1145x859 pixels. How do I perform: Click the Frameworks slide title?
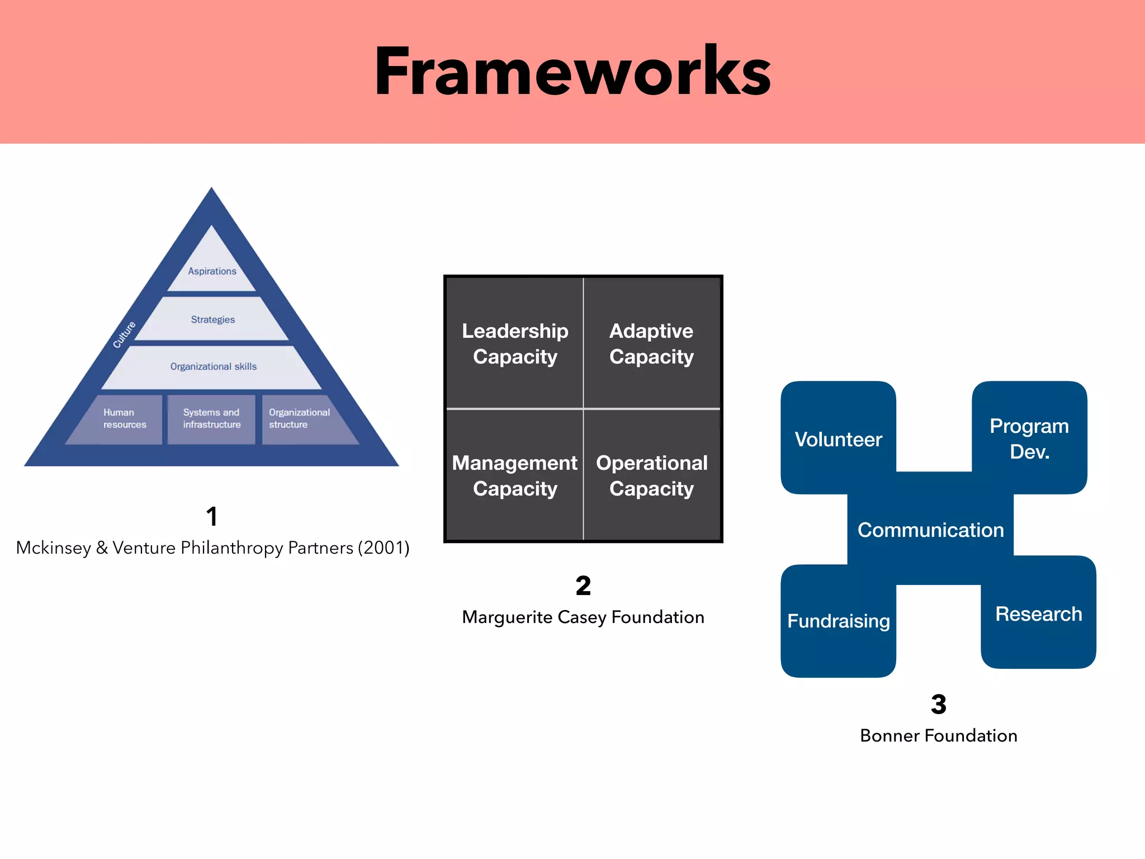pos(572,72)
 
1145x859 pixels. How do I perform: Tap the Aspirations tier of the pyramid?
pos(212,271)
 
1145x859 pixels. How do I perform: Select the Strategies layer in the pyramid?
pos(212,319)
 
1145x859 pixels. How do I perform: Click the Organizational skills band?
pos(213,366)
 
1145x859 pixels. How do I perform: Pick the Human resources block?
pos(124,418)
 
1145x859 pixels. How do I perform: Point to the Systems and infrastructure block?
pos(211,418)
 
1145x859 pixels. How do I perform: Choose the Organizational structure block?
pos(299,418)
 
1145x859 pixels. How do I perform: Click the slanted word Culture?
pos(124,334)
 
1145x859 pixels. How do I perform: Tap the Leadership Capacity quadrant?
pos(515,343)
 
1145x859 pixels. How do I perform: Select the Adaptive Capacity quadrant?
pos(651,343)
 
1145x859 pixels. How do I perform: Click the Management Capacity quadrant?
pos(515,475)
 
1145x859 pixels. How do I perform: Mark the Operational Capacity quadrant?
pos(651,475)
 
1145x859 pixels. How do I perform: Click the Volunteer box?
pos(838,439)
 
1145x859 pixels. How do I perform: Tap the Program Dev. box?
pos(1029,438)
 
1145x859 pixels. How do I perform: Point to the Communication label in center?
pos(931,530)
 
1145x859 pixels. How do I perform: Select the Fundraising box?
pos(838,621)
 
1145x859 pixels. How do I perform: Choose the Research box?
pos(1038,613)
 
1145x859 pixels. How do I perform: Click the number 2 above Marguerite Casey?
pos(583,586)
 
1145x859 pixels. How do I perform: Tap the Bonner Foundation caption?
pos(938,735)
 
